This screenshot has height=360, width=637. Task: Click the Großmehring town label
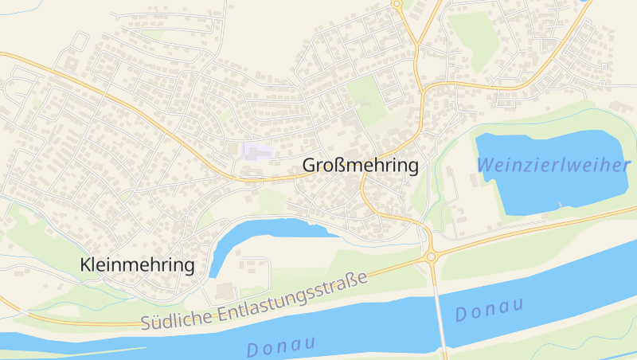(x=361, y=166)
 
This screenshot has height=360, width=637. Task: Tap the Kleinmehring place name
(x=138, y=265)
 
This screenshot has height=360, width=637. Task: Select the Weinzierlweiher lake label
(x=554, y=165)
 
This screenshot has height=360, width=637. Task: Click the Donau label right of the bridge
(x=489, y=310)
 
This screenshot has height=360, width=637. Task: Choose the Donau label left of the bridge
(x=281, y=345)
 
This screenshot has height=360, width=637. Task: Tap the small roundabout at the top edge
(x=397, y=4)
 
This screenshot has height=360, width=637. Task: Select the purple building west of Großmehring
(x=257, y=150)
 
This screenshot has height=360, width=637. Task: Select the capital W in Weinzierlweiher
(x=485, y=165)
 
